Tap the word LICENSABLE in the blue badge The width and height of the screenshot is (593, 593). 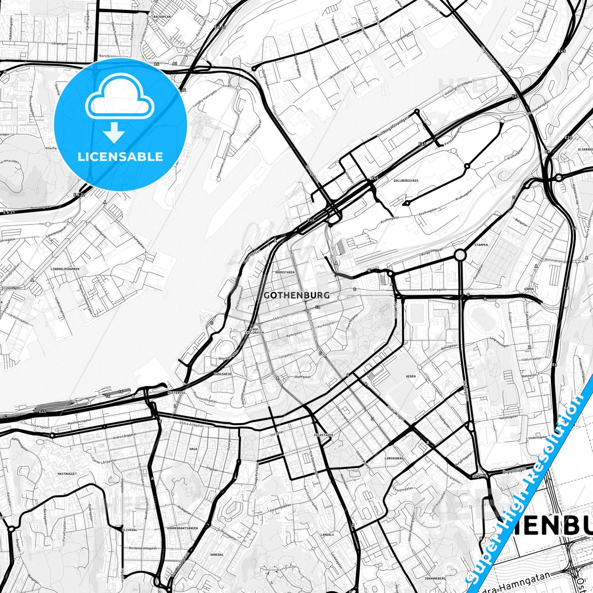point(120,156)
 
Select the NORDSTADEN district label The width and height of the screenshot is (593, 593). point(285,272)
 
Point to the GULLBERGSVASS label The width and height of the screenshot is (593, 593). point(406,180)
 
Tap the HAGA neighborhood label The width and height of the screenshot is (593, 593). point(193,449)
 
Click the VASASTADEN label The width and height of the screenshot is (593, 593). point(323,434)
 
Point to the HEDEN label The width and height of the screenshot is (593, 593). point(411,376)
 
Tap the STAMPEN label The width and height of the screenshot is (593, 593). point(481,245)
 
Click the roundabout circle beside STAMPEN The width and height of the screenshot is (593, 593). point(460,255)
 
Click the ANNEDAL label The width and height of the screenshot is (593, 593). point(217,554)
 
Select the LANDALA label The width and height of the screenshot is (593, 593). point(327,535)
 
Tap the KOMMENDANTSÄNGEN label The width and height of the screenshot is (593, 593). point(183,528)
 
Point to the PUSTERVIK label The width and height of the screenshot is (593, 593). point(176,393)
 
